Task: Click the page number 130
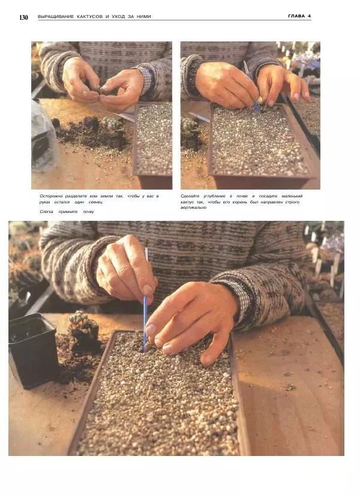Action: (23, 17)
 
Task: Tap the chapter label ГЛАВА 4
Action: (299, 16)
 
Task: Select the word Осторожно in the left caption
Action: (51, 196)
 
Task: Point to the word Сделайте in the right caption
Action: (190, 196)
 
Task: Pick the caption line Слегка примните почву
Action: (67, 212)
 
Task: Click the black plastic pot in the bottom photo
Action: (33, 350)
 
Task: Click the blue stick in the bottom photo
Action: (146, 300)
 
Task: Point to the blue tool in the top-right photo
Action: (251, 87)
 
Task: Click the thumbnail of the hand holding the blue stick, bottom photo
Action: (148, 289)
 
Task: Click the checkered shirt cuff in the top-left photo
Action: (146, 80)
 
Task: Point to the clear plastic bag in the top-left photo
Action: (44, 136)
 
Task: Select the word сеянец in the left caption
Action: (95, 202)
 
